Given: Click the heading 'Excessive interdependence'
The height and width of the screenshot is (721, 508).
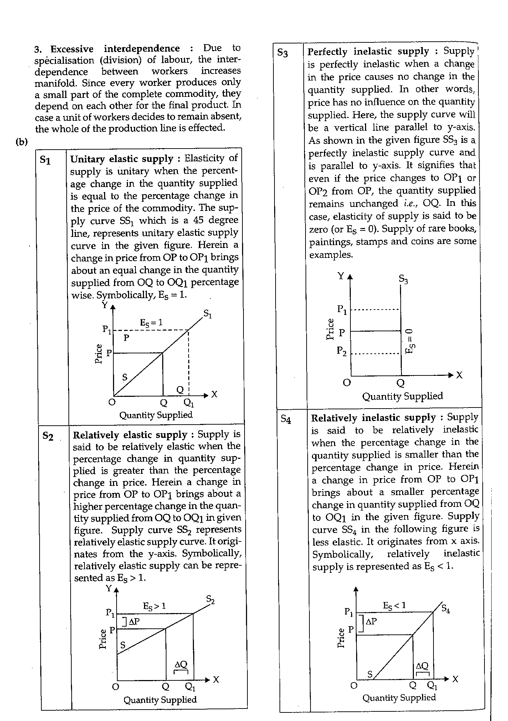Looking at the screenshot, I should click(x=115, y=48).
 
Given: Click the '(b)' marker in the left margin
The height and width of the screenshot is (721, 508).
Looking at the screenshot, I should click(x=21, y=142).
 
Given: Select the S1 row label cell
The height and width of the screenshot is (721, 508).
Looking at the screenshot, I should click(x=45, y=161).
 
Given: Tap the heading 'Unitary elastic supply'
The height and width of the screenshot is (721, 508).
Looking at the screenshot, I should click(x=122, y=159).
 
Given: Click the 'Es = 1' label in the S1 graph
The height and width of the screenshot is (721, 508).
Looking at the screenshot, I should click(x=151, y=323).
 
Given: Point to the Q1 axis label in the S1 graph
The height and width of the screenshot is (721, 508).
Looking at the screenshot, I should click(x=189, y=403).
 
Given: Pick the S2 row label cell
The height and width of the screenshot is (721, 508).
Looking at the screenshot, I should click(x=48, y=436).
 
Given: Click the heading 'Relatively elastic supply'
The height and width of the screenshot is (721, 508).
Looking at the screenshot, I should click(x=130, y=435).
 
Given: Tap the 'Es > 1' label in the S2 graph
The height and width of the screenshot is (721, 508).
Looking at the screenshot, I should click(x=154, y=606).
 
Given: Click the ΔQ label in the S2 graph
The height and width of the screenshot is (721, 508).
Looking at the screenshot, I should click(x=181, y=664).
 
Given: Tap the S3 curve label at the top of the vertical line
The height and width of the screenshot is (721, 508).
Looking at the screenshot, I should click(x=403, y=279).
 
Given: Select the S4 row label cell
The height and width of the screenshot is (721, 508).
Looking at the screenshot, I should click(x=286, y=419).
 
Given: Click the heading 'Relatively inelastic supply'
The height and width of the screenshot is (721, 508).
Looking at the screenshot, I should click(x=373, y=417).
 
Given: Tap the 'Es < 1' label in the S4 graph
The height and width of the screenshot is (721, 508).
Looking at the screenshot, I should click(x=394, y=605).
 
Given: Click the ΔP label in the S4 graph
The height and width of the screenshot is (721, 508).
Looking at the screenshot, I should click(x=371, y=622).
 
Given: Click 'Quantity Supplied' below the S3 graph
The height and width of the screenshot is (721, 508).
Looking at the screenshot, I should click(x=402, y=396).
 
